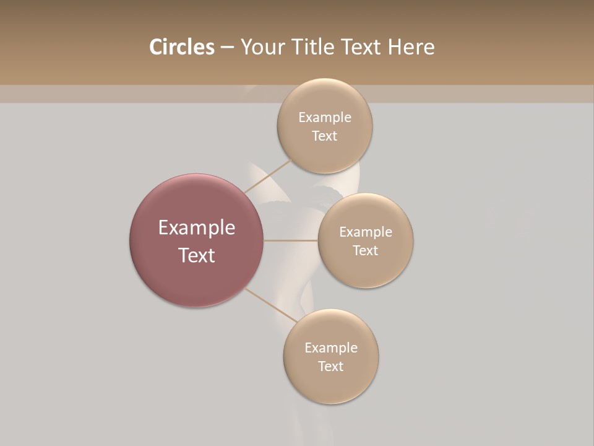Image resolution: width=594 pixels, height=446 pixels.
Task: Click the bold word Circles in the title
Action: coord(181,47)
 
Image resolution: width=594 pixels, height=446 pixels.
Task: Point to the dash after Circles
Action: coord(227,48)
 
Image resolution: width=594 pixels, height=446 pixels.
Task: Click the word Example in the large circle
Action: coord(197,228)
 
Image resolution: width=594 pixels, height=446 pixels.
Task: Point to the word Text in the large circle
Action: coord(197,255)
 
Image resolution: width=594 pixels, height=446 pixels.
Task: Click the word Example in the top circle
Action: coord(324,118)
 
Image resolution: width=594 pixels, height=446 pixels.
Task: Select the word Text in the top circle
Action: coord(324,136)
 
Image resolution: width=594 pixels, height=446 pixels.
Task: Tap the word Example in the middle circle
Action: coord(365,232)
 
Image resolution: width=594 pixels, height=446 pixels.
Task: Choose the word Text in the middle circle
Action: coord(365,251)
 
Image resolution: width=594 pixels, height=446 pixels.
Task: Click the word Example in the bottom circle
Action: coord(330,348)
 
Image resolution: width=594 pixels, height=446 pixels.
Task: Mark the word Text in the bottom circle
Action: coord(330,367)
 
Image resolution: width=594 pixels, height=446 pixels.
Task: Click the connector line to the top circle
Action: coord(267,175)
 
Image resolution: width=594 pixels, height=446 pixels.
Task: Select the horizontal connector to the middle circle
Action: coord(291,240)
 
